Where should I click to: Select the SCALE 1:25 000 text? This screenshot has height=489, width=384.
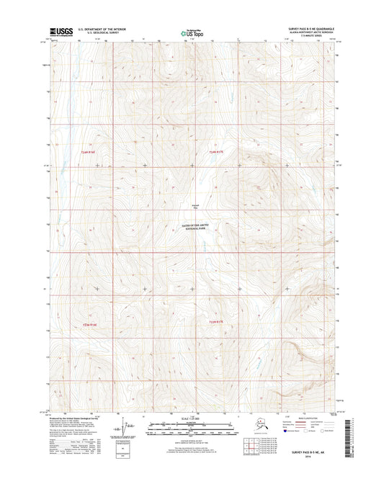click(x=191, y=418)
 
